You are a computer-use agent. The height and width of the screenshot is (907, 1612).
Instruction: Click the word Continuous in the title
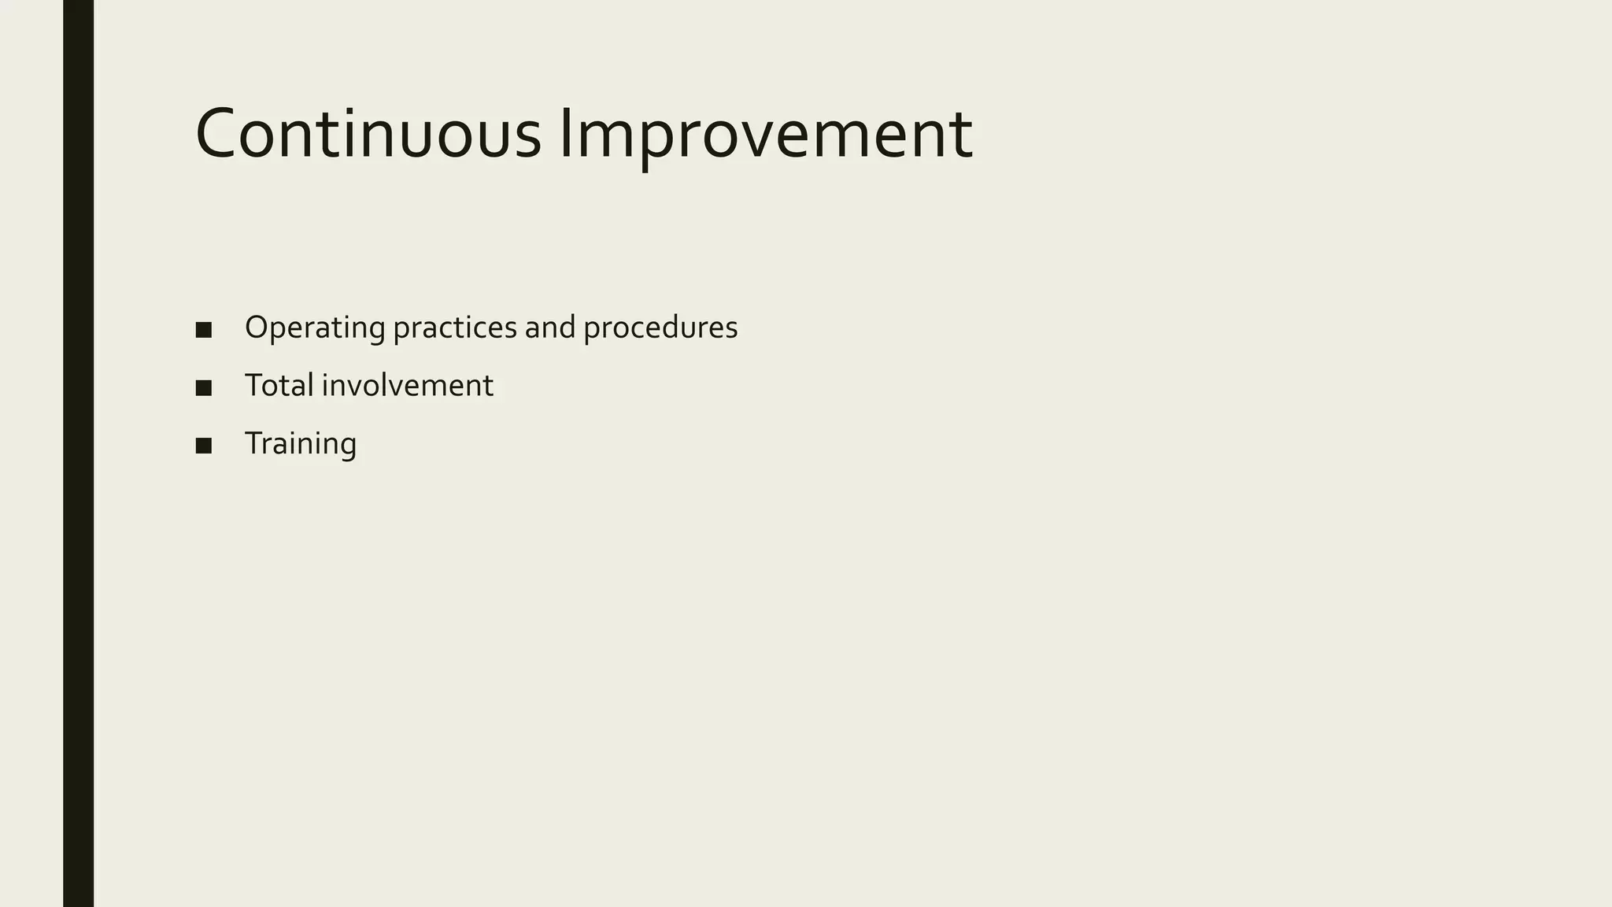pyautogui.click(x=368, y=134)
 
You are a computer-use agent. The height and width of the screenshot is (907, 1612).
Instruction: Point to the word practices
pyautogui.click(x=455, y=328)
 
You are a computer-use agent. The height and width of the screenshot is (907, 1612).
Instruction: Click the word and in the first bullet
pyautogui.click(x=550, y=327)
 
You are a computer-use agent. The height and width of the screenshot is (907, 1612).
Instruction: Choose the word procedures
pyautogui.click(x=660, y=328)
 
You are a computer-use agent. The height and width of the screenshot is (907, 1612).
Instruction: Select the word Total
pyautogui.click(x=279, y=385)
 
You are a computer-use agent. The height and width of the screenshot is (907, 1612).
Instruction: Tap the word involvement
pyautogui.click(x=407, y=385)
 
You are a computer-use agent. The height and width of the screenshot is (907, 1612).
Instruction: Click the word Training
pyautogui.click(x=301, y=443)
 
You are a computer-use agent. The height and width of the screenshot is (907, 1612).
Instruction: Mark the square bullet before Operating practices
pyautogui.click(x=204, y=330)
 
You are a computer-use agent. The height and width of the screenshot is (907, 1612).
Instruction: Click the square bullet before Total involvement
pyautogui.click(x=204, y=387)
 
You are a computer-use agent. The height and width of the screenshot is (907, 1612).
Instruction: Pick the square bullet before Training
pyautogui.click(x=204, y=446)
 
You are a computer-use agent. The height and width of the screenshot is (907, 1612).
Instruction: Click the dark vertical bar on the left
pyautogui.click(x=78, y=453)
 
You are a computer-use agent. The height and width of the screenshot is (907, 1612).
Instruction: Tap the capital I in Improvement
pyautogui.click(x=564, y=134)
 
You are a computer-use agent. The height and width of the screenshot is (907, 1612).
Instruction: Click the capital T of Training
pyautogui.click(x=254, y=442)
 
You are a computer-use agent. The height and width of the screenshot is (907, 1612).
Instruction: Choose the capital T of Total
pyautogui.click(x=254, y=385)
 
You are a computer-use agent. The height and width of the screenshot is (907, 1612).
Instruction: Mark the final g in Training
pyautogui.click(x=347, y=447)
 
